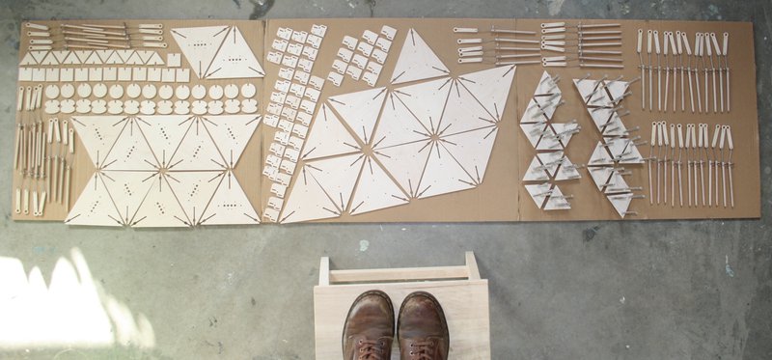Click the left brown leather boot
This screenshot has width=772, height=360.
tap(369, 326)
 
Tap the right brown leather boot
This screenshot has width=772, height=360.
tap(423, 326)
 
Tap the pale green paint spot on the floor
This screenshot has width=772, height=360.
tap(364, 245)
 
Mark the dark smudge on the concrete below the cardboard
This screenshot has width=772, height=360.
tap(589, 234)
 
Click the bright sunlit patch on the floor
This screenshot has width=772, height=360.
tap(58, 304)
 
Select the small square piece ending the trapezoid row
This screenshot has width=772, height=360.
tap(174, 60)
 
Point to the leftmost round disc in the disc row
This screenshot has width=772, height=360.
tap(52, 91)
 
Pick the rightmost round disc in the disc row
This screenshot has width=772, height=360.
tap(248, 90)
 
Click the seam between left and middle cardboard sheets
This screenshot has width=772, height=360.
tap(263, 116)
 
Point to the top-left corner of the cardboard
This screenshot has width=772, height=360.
tap(22, 22)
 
